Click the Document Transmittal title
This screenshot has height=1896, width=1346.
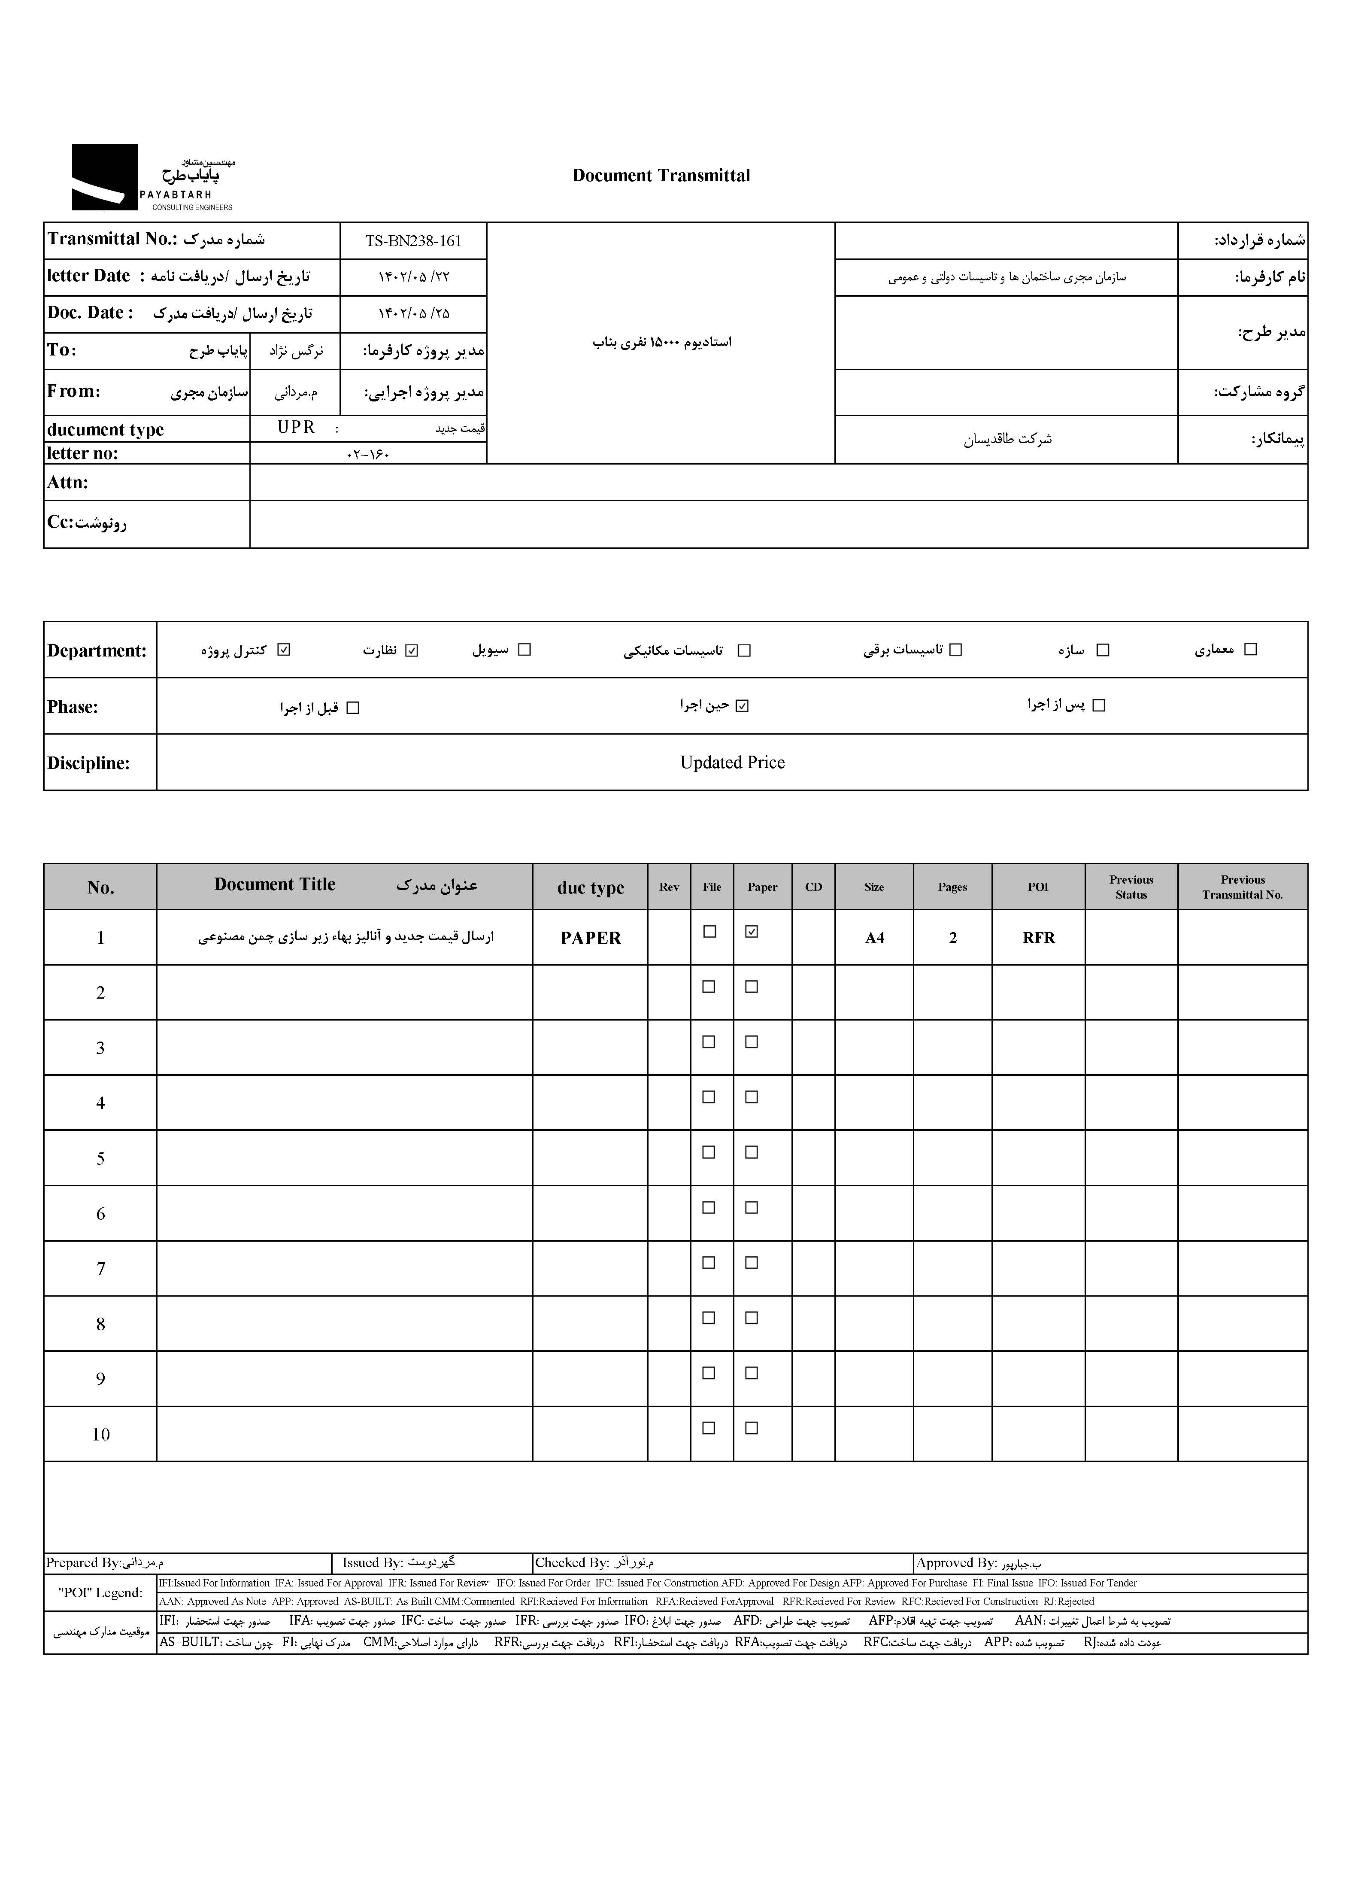coord(661,176)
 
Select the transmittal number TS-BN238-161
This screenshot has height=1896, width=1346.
coord(413,241)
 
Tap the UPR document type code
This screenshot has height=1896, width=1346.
coord(296,427)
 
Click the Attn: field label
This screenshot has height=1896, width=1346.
coord(68,483)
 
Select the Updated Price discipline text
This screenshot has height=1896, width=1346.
coord(732,763)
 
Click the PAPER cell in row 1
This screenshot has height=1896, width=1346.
coord(590,938)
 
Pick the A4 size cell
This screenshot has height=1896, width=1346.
coord(874,938)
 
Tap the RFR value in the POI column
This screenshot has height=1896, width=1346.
coord(1039,938)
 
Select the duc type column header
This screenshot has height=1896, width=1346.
coord(590,888)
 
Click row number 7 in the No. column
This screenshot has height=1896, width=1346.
coord(100,1268)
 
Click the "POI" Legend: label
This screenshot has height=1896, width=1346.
coord(100,1592)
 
